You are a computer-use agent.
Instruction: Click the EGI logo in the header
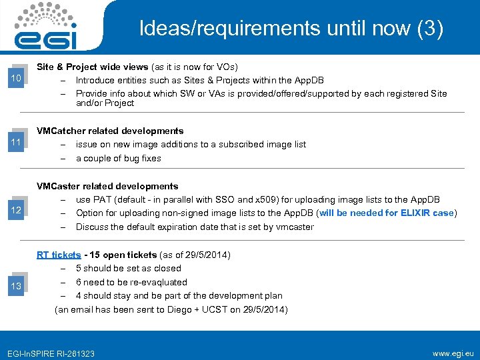[50, 27]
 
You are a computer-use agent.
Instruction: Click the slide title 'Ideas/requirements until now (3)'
[291, 29]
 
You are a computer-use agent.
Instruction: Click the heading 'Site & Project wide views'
[93, 67]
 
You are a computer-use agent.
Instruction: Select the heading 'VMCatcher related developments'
[110, 131]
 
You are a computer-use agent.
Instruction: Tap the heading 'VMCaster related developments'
[107, 186]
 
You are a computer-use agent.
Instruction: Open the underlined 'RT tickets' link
[59, 255]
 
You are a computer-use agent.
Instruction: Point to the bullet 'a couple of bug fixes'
[118, 159]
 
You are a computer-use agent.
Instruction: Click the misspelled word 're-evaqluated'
[160, 282]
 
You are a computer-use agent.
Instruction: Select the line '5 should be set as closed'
[128, 268]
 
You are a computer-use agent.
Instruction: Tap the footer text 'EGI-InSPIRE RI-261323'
[50, 353]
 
